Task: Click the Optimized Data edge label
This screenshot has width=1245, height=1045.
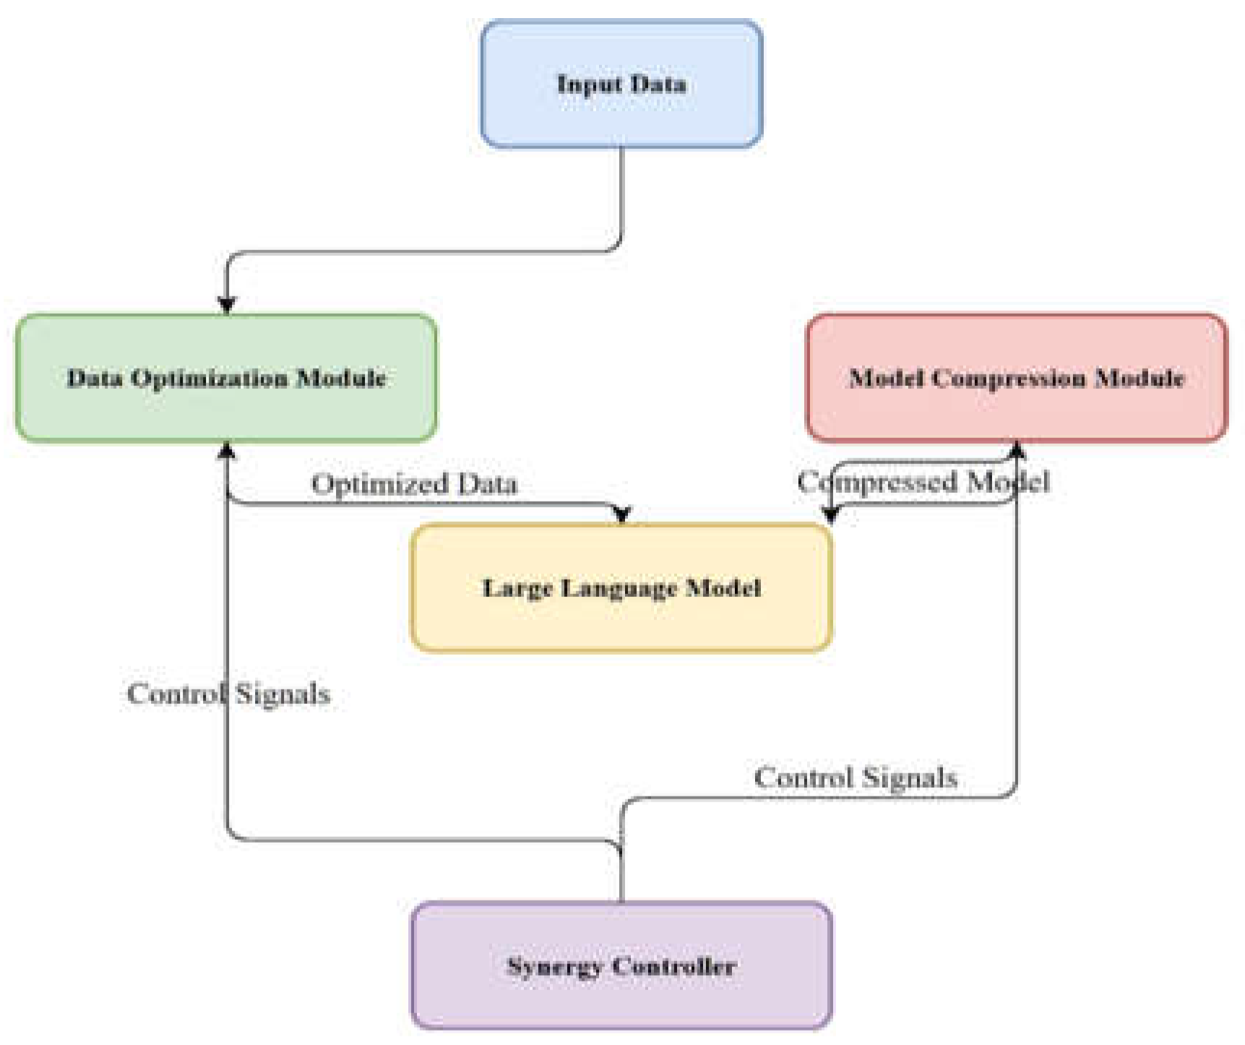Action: pyautogui.click(x=414, y=483)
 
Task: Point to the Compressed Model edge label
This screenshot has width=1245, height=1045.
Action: pyautogui.click(x=923, y=481)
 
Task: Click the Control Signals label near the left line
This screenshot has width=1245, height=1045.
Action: pyautogui.click(x=228, y=694)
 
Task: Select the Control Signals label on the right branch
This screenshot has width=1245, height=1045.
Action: pyautogui.click(x=856, y=778)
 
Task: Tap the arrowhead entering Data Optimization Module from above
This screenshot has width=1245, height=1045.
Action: pyautogui.click(x=227, y=305)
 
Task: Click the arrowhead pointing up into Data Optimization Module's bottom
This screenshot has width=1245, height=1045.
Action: pyautogui.click(x=227, y=451)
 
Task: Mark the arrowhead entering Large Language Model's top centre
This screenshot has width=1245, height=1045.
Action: pyautogui.click(x=622, y=515)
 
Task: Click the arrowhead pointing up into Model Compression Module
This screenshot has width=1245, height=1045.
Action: pyautogui.click(x=1017, y=451)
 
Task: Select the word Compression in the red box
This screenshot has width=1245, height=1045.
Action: pyautogui.click(x=1008, y=378)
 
